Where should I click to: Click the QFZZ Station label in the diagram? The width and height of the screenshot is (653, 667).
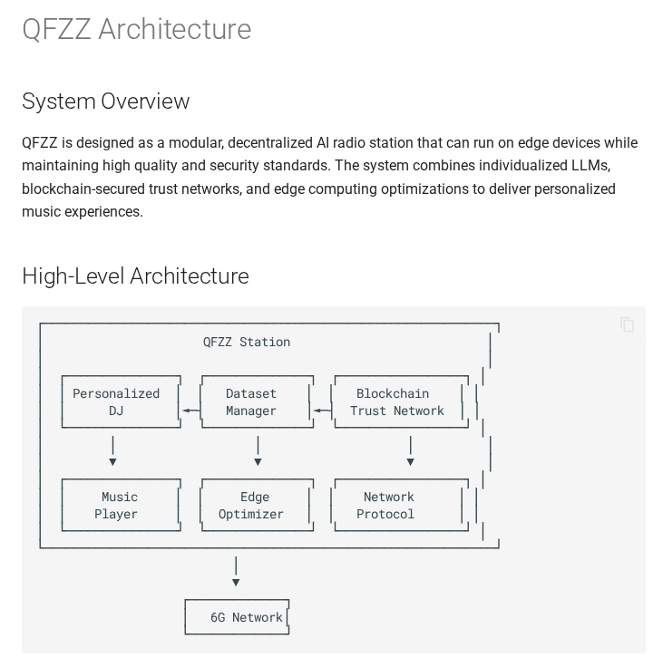coord(247,342)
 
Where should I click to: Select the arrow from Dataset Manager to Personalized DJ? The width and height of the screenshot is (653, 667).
coord(191,411)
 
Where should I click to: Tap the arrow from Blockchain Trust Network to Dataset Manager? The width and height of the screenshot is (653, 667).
coord(322,411)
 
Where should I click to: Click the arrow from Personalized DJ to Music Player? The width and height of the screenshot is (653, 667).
coord(112,450)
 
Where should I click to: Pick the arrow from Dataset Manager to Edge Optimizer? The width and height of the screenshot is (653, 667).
coord(258,450)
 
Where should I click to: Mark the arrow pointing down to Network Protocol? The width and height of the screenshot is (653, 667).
coord(410,450)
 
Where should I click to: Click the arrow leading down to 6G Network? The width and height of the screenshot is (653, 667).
coord(236,571)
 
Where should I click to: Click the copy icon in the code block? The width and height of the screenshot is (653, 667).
coord(627,324)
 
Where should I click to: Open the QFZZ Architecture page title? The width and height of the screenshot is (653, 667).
coord(137,29)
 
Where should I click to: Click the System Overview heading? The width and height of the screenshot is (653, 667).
coord(105,101)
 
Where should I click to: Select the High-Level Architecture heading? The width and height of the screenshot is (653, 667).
coord(135,275)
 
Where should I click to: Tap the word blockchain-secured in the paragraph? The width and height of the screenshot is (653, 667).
coord(83,188)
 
